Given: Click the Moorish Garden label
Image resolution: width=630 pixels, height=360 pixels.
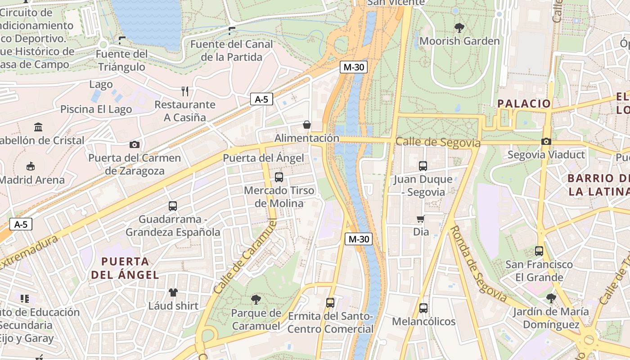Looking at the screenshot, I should (459, 41).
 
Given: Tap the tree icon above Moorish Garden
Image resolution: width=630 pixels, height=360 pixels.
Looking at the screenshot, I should (459, 28).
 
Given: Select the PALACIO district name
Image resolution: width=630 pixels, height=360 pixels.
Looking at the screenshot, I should (524, 103).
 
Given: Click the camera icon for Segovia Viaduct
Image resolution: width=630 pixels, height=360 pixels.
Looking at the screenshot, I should (546, 141).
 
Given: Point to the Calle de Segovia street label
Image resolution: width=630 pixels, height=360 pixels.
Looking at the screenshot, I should (437, 143).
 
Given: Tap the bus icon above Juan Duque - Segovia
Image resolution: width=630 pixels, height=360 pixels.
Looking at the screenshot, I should (423, 166).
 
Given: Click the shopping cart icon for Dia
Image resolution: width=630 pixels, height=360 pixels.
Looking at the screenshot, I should (421, 219).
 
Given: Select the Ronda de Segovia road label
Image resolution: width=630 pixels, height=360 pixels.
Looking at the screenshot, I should (478, 264).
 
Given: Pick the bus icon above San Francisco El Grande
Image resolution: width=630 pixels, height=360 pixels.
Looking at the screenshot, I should (539, 251).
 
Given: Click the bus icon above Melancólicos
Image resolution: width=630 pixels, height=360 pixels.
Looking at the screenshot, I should (423, 308).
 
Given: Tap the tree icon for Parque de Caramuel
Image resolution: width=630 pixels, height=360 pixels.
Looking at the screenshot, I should (256, 300).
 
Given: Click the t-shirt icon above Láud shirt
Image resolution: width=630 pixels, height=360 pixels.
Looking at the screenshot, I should (173, 292).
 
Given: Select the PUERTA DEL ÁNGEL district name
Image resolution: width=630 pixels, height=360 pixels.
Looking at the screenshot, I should (125, 268).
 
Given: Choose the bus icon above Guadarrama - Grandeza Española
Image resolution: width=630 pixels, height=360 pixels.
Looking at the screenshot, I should (172, 206).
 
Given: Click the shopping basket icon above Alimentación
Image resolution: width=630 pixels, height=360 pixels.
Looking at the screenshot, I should (307, 125).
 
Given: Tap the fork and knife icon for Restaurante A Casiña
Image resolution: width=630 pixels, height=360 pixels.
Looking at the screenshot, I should (184, 91).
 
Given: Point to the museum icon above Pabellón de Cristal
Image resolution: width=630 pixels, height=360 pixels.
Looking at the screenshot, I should (38, 127).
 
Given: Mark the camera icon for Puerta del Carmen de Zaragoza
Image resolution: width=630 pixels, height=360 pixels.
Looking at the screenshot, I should (134, 144).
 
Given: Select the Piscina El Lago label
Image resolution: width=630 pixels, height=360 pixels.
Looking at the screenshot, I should (96, 109).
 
